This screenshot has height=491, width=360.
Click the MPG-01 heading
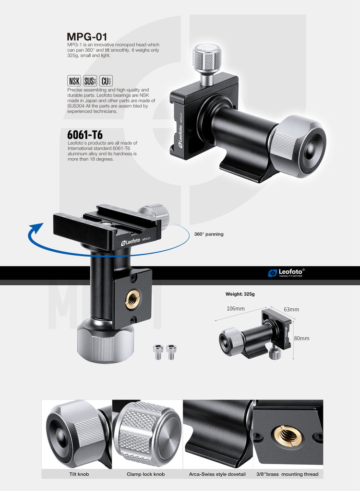click(x=87, y=37)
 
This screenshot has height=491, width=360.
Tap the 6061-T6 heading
click(x=84, y=135)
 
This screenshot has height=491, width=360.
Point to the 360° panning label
click(x=209, y=234)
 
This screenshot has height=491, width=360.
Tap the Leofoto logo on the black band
click(x=286, y=273)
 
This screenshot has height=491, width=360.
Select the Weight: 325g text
click(x=240, y=294)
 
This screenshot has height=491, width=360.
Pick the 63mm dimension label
click(x=291, y=309)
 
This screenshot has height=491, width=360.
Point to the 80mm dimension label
click(x=301, y=338)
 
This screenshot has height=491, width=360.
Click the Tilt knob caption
click(x=77, y=474)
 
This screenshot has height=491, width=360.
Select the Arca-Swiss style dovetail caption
click(x=217, y=474)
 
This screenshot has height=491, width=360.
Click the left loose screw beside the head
click(x=158, y=351)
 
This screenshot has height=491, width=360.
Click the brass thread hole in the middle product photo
click(x=133, y=299)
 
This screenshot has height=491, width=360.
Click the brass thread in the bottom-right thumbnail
click(x=288, y=435)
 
